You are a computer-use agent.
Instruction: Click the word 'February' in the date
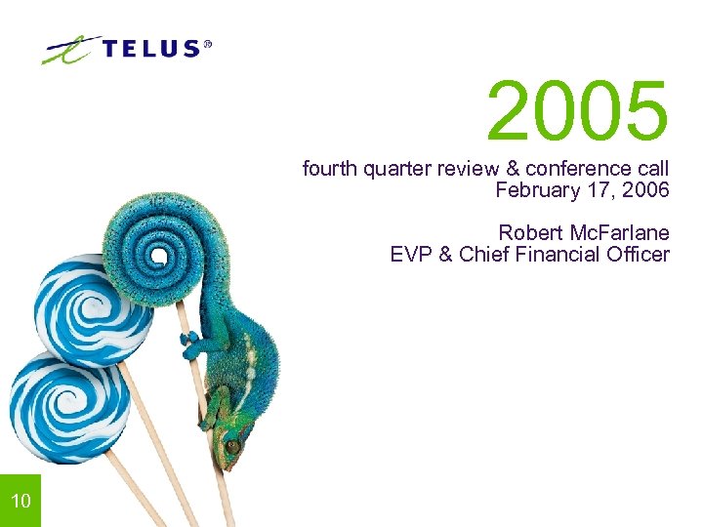click(534, 190)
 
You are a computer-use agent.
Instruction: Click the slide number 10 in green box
click(21, 502)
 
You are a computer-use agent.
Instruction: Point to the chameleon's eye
click(232, 445)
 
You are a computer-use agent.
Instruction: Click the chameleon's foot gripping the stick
click(190, 343)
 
